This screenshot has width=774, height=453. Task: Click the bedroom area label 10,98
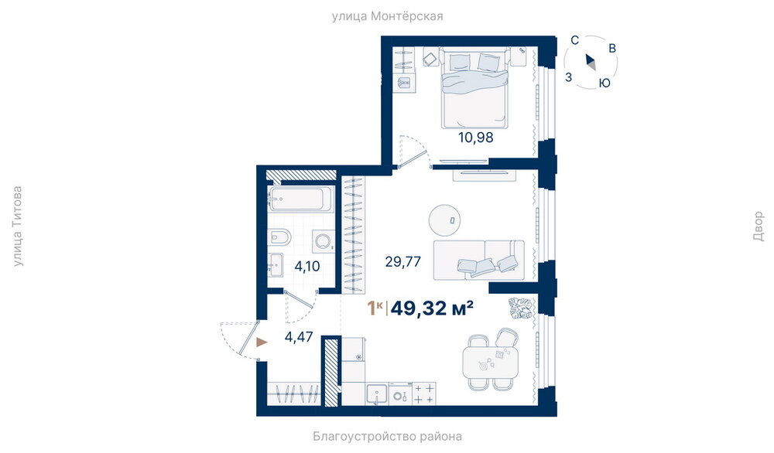pyautogui.click(x=476, y=138)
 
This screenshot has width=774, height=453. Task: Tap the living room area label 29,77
pyautogui.click(x=402, y=261)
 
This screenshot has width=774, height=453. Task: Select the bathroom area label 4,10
pyautogui.click(x=307, y=267)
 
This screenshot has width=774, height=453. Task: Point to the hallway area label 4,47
pyautogui.click(x=299, y=337)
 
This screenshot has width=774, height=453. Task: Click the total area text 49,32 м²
pyautogui.click(x=433, y=308)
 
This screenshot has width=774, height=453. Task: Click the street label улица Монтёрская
pyautogui.click(x=388, y=16)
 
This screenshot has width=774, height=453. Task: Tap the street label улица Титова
pyautogui.click(x=17, y=226)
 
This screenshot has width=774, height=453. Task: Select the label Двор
pyautogui.click(x=759, y=226)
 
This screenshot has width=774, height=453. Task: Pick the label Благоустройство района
pyautogui.click(x=388, y=436)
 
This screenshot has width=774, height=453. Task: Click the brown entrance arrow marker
pyautogui.click(x=262, y=342)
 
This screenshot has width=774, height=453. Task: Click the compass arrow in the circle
pyautogui.click(x=591, y=62)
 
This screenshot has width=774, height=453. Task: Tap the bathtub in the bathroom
pyautogui.click(x=296, y=199)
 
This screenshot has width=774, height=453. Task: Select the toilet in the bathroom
pyautogui.click(x=276, y=238)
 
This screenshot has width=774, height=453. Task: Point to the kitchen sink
pyautogui.click(x=377, y=393)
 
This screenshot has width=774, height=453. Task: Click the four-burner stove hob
pyautogui.click(x=424, y=393)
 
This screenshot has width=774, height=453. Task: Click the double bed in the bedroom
pyautogui.click(x=474, y=88)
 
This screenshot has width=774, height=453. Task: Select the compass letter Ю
pyautogui.click(x=604, y=83)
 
